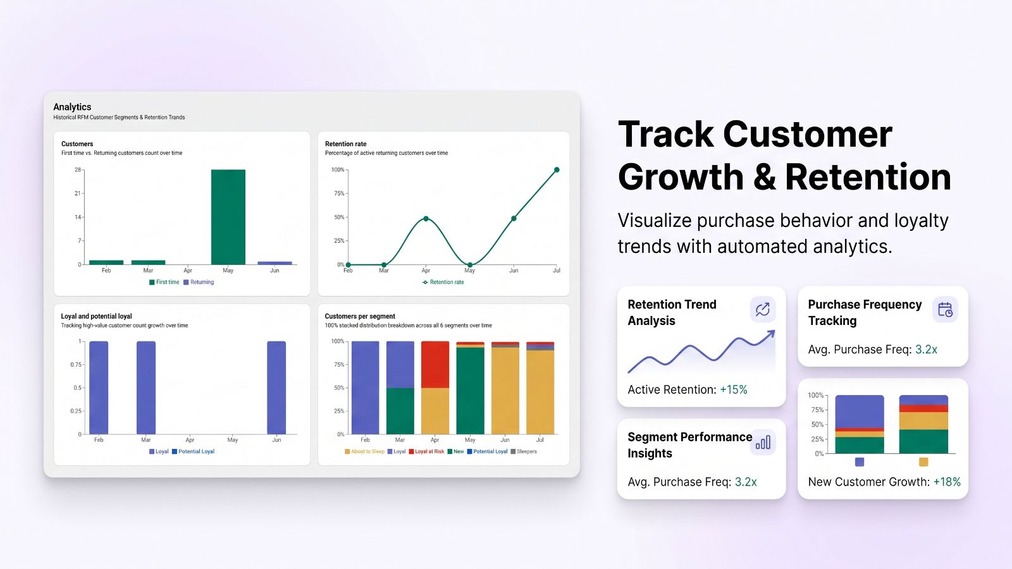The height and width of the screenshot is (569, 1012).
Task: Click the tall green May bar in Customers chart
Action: tap(228, 217)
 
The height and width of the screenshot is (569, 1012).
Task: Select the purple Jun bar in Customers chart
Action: tap(275, 263)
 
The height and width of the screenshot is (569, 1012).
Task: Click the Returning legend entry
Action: tap(199, 282)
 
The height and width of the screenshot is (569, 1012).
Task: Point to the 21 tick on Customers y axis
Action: tap(78, 193)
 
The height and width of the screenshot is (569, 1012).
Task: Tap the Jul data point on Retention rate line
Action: tap(557, 170)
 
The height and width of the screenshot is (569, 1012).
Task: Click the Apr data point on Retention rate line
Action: tap(426, 219)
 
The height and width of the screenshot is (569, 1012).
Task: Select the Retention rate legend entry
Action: tap(443, 282)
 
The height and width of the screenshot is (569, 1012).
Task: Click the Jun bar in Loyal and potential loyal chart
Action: tap(276, 388)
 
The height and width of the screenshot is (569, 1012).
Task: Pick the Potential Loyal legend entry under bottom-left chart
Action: tap(193, 451)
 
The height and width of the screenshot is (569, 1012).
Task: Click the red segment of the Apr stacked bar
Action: tap(435, 364)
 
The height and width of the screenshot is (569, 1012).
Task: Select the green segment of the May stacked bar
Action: tap(470, 391)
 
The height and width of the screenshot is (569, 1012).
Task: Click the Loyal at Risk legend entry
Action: tap(426, 451)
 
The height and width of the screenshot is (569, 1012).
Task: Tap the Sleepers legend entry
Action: tap(524, 451)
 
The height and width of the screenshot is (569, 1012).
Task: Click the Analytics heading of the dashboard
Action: tap(72, 107)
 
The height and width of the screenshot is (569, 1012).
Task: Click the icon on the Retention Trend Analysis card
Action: tap(763, 309)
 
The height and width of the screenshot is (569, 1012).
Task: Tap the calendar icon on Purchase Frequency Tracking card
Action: tap(945, 310)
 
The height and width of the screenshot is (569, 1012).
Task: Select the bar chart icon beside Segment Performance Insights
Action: tap(763, 443)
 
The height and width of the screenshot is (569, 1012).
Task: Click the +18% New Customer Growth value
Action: tap(947, 482)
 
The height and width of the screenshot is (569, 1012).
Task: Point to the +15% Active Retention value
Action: tap(734, 389)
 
